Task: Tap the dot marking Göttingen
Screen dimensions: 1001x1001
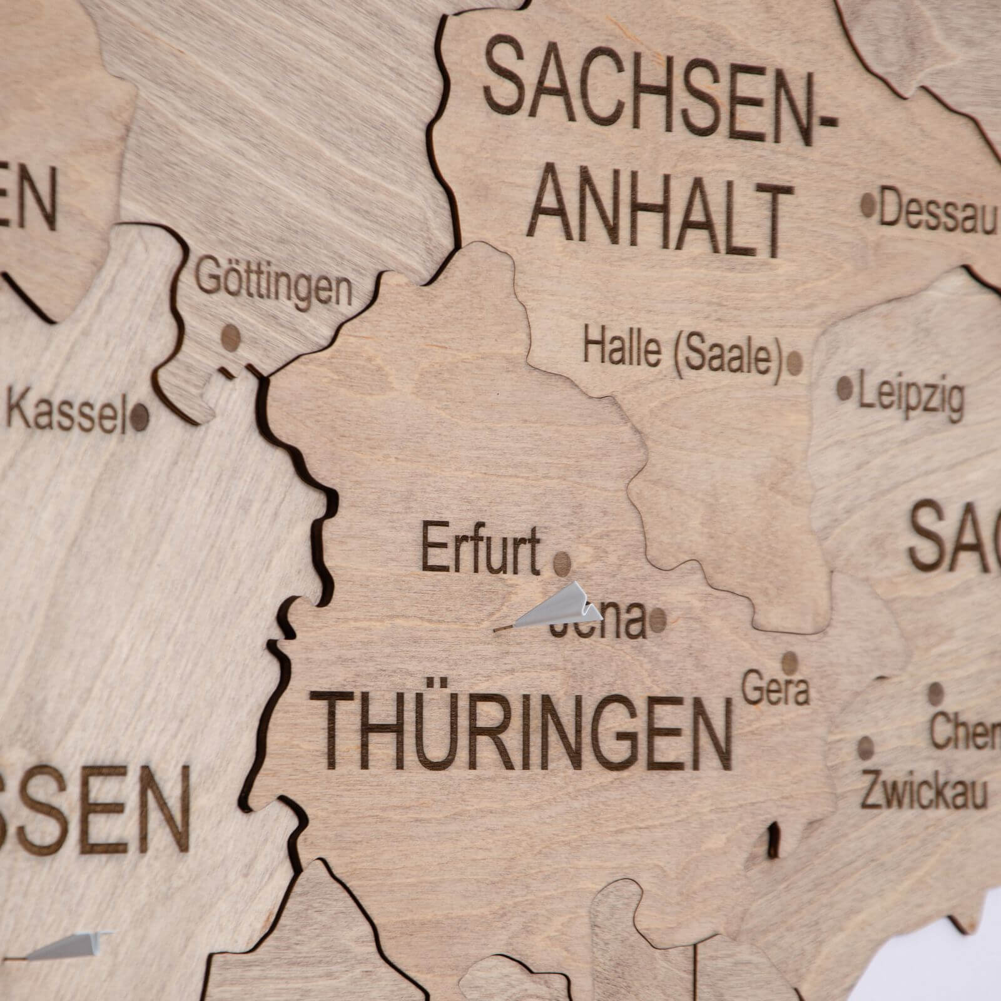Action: pos(230,338)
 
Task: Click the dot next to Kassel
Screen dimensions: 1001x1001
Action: pos(140,417)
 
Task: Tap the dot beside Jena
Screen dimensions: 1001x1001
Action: pos(658,619)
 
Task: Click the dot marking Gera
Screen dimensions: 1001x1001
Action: pos(790,661)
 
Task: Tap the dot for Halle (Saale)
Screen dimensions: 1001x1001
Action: pos(795,362)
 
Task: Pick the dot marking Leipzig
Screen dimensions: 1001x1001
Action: pos(844,389)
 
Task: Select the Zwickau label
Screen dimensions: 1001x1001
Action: pos(923,792)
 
